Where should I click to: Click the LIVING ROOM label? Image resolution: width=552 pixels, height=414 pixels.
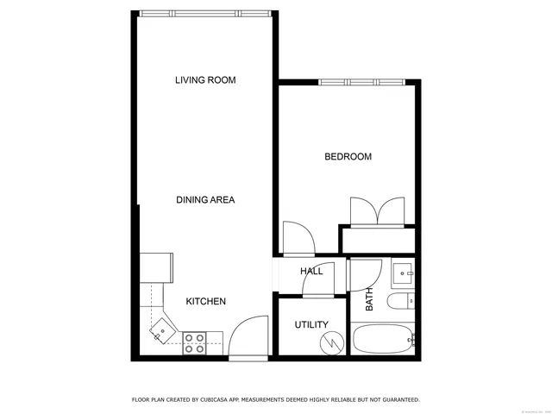pyautogui.click(x=205, y=80)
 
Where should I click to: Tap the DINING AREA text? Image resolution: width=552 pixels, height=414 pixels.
pyautogui.click(x=205, y=200)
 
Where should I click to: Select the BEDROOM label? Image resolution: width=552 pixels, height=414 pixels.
pyautogui.click(x=348, y=157)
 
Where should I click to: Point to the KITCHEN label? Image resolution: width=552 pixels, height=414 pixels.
pyautogui.click(x=206, y=301)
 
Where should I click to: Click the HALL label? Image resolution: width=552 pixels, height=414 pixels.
pyautogui.click(x=311, y=271)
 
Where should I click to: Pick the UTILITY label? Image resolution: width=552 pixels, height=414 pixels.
pyautogui.click(x=311, y=325)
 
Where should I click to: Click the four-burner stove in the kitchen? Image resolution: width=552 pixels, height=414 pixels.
pyautogui.click(x=194, y=343)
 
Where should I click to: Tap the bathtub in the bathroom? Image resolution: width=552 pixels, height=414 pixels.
pyautogui.click(x=382, y=340)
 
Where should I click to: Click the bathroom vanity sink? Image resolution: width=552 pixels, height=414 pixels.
pyautogui.click(x=403, y=274)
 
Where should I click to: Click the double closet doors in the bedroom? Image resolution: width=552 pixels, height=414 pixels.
pyautogui.click(x=377, y=211)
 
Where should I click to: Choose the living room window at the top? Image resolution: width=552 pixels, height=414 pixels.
pyautogui.click(x=204, y=12)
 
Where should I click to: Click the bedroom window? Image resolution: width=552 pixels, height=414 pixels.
pyautogui.click(x=362, y=82)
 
